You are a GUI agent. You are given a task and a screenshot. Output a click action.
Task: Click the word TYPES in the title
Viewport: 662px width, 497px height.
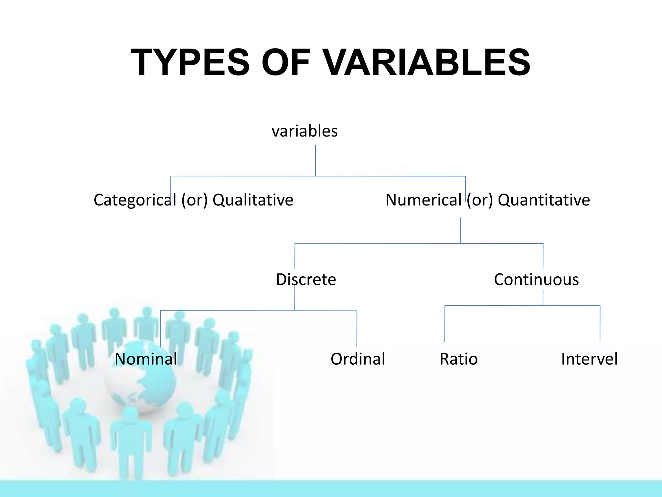pyautogui.click(x=190, y=62)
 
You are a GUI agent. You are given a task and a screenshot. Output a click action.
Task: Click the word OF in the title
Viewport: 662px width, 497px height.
pyautogui.click(x=286, y=62)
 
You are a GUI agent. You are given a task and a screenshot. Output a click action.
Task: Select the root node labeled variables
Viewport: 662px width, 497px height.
pyautogui.click(x=304, y=131)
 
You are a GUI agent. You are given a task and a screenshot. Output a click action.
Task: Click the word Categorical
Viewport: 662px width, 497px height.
pyautogui.click(x=134, y=200)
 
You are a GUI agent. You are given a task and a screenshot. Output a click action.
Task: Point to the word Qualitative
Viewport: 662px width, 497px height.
pyautogui.click(x=253, y=200)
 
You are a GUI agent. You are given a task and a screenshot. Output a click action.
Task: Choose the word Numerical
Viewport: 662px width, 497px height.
pyautogui.click(x=423, y=200)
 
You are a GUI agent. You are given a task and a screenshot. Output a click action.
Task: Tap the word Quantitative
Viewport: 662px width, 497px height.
pyautogui.click(x=544, y=200)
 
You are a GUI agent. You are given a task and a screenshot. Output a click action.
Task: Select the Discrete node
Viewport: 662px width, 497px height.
pyautogui.click(x=306, y=280)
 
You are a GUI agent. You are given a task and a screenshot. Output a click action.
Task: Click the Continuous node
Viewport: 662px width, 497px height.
pyautogui.click(x=536, y=280)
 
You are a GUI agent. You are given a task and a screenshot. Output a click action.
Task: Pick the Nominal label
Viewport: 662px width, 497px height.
pyautogui.click(x=146, y=359)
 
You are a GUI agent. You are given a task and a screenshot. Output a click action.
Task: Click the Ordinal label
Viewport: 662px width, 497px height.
pyautogui.click(x=358, y=359)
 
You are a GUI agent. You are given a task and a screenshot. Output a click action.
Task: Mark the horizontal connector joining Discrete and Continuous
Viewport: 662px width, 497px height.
pyautogui.click(x=388, y=243)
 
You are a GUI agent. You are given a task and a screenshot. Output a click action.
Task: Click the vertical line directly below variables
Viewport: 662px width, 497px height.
pyautogui.click(x=315, y=160)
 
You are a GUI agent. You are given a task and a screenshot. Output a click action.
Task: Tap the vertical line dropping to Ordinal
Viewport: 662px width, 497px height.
pyautogui.click(x=357, y=328)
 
